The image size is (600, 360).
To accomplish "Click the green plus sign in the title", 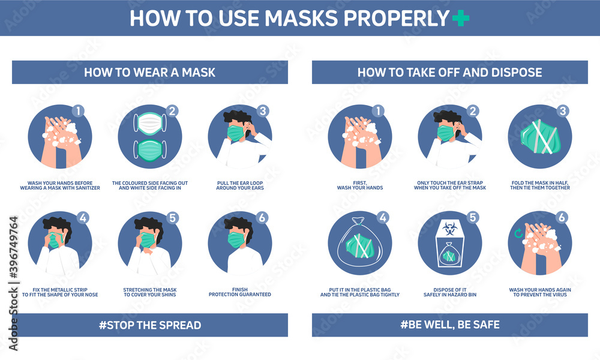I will [461, 18].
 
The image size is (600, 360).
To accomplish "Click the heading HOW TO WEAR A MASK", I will [149, 73].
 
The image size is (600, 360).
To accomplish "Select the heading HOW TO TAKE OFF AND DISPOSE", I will [449, 73].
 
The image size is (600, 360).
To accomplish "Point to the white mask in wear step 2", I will [150, 124].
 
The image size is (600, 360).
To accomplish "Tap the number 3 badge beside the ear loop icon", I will [262, 111].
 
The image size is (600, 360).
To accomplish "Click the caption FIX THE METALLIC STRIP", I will [60, 292].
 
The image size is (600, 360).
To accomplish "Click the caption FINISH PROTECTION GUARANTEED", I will [240, 292].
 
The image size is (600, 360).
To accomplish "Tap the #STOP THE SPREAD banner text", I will [149, 325].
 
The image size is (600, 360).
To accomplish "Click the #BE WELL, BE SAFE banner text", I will [449, 325].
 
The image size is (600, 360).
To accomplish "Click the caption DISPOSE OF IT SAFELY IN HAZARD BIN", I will [449, 292].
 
